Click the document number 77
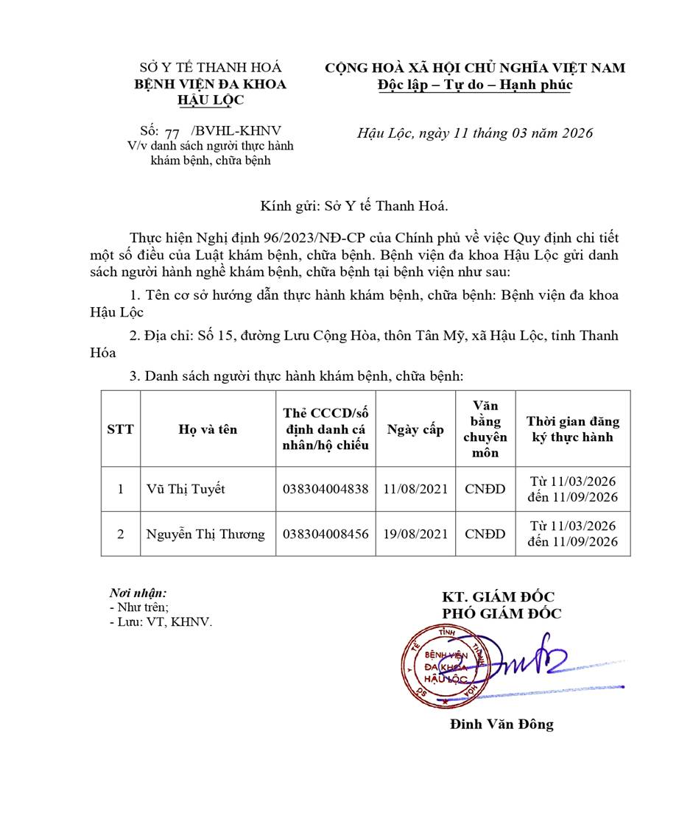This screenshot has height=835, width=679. pyautogui.click(x=173, y=133)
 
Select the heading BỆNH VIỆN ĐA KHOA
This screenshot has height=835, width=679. pyautogui.click(x=210, y=84)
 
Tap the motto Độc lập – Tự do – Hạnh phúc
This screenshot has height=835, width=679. pyautogui.click(x=474, y=84)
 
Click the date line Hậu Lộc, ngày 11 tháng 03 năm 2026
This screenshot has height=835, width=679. pyautogui.click(x=474, y=133)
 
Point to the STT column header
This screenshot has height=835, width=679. pyautogui.click(x=121, y=429)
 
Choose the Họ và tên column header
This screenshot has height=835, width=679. pyautogui.click(x=208, y=429)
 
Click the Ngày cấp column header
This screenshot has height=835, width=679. pyautogui.click(x=415, y=429)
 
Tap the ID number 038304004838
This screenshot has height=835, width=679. pyautogui.click(x=326, y=489)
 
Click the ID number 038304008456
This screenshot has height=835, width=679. pyautogui.click(x=326, y=534)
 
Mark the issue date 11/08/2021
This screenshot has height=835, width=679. pyautogui.click(x=415, y=489)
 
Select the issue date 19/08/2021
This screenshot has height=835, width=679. pyautogui.click(x=415, y=534)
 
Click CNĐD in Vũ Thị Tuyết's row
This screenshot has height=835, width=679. pyautogui.click(x=485, y=489)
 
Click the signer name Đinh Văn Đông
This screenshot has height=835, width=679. pyautogui.click(x=502, y=724)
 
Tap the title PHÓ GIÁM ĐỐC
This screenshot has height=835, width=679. pyautogui.click(x=502, y=613)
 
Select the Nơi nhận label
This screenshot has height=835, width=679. pyautogui.click(x=138, y=592)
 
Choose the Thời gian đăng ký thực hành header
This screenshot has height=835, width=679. pyautogui.click(x=572, y=429)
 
